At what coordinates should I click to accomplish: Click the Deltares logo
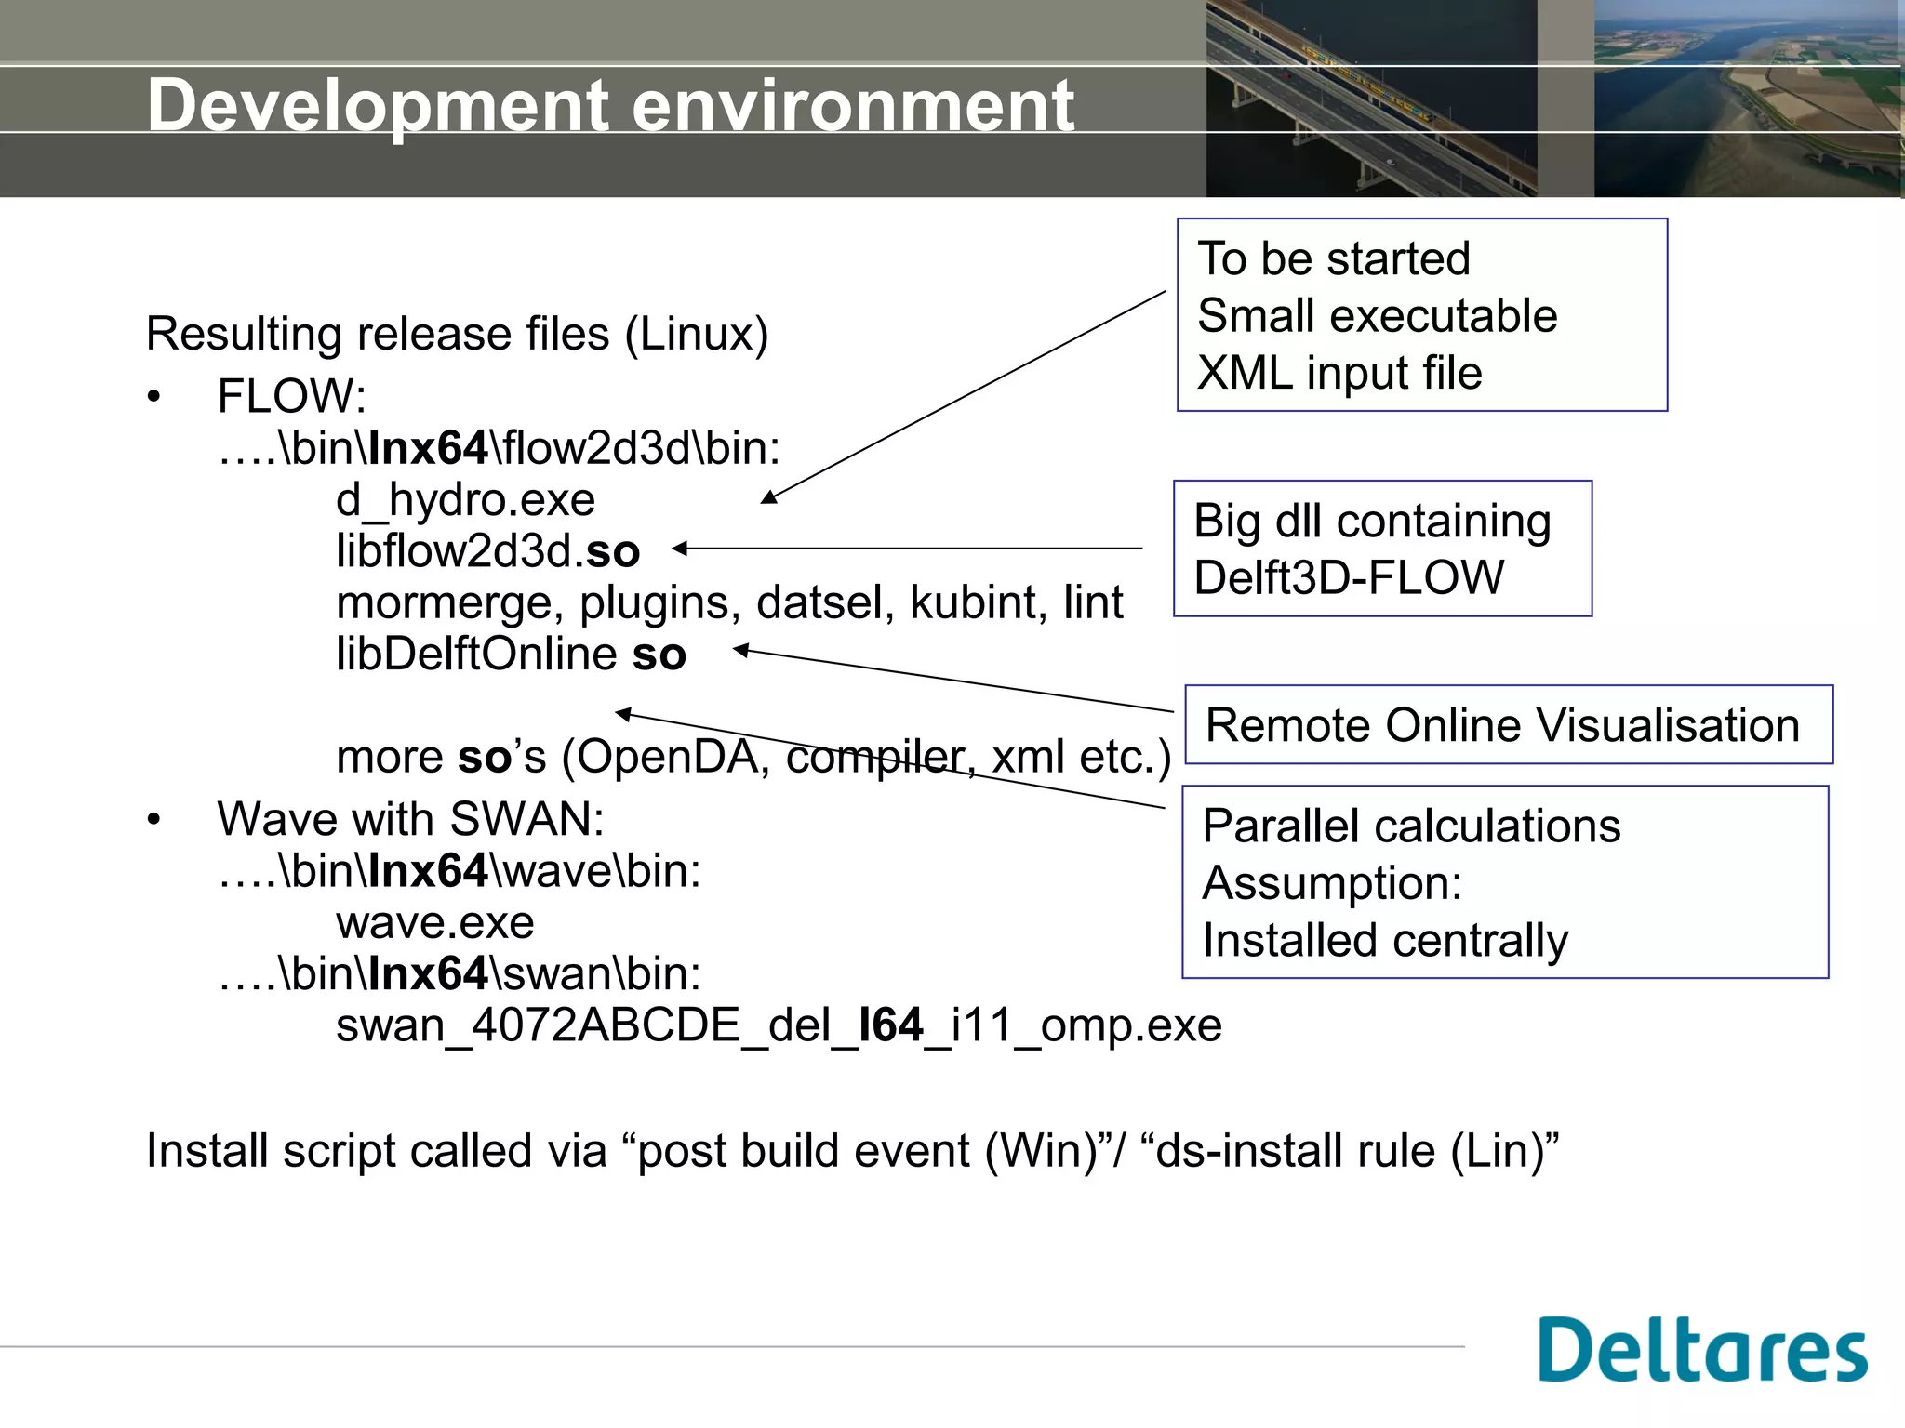click(x=1702, y=1350)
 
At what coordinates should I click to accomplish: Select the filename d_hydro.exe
click(x=465, y=500)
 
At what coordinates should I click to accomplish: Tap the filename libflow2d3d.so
click(x=487, y=551)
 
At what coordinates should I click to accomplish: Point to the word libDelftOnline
click(x=476, y=654)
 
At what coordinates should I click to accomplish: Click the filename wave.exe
click(x=434, y=923)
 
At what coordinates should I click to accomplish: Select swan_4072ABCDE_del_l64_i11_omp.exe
click(x=778, y=1026)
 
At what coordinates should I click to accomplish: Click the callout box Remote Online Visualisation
click(x=1507, y=725)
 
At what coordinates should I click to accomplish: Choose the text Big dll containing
click(x=1372, y=522)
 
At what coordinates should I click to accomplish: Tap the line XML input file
click(x=1339, y=374)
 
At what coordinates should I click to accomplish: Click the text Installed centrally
click(x=1384, y=941)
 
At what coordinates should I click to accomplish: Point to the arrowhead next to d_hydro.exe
click(x=768, y=498)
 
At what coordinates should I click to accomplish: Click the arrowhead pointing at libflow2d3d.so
click(x=680, y=549)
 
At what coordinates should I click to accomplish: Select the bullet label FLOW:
click(x=291, y=397)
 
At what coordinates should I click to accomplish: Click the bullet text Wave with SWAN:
click(x=410, y=820)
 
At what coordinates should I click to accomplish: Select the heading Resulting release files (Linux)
click(x=457, y=335)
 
